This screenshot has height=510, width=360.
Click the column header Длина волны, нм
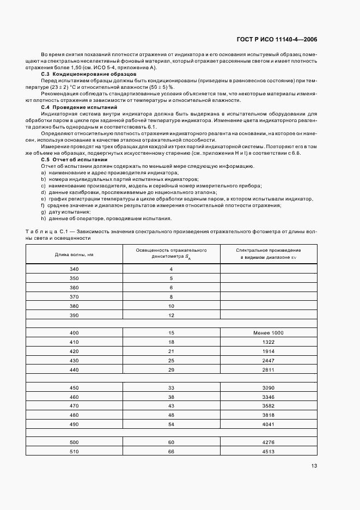tap(74, 254)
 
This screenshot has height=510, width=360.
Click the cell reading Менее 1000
tap(268, 332)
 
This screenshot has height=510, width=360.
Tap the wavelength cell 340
tap(74, 269)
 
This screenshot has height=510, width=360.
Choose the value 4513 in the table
tap(268, 451)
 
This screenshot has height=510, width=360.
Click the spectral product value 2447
tap(268, 361)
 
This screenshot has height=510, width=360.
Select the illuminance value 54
tap(171, 423)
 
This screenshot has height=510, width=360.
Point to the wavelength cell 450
tap(74, 387)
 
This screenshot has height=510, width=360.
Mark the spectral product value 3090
tap(268, 387)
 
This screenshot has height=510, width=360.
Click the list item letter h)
tap(43, 219)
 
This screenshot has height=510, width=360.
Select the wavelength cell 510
tap(74, 451)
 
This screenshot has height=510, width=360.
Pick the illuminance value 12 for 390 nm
tap(171, 315)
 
